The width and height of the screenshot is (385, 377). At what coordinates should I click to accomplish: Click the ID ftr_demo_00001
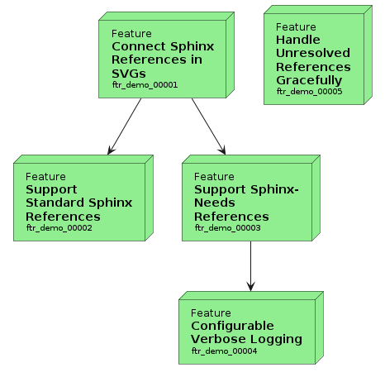tap(145, 85)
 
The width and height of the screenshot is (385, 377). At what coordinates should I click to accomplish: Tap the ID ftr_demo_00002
tap(59, 228)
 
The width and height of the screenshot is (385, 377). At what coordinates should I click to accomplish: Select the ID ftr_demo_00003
tap(227, 228)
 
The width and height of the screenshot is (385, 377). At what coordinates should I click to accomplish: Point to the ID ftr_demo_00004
tap(224, 351)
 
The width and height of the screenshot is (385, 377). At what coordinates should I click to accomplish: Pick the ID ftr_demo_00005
tap(310, 92)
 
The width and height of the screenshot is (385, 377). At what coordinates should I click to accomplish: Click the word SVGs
tap(129, 74)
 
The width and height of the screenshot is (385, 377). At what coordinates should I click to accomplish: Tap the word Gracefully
tap(309, 80)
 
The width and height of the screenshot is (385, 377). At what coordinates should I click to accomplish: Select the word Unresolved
tap(313, 53)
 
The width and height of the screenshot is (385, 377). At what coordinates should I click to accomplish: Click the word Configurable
tap(232, 326)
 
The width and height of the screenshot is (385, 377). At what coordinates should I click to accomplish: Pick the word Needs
tap(215, 203)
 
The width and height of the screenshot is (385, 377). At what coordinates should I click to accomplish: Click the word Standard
tap(55, 203)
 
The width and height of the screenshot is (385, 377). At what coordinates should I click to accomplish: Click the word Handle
tap(298, 40)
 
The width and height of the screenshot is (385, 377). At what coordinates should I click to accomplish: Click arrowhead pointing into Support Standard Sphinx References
tap(111, 150)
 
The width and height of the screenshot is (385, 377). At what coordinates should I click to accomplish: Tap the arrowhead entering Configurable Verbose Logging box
tap(250, 286)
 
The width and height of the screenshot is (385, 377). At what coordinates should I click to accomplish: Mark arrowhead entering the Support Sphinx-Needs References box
tap(222, 150)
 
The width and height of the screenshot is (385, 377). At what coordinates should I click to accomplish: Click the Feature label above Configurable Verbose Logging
tap(211, 313)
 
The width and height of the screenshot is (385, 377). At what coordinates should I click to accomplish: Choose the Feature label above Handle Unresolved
tap(296, 27)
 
